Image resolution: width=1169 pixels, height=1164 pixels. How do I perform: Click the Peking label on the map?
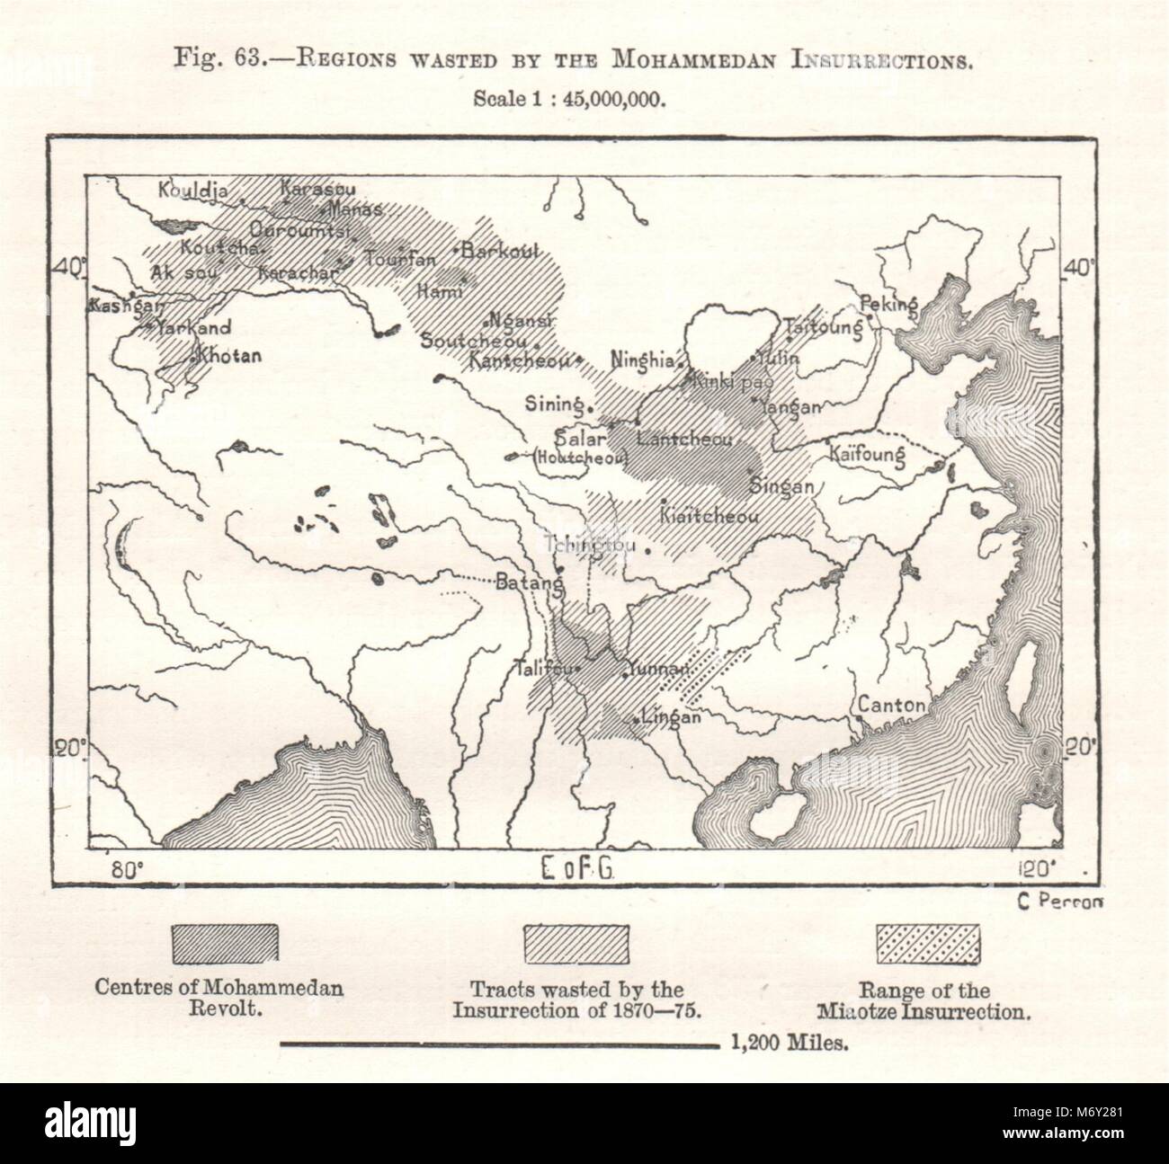888,304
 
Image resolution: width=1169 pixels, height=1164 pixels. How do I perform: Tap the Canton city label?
891,706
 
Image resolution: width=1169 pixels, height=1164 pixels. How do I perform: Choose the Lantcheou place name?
684,440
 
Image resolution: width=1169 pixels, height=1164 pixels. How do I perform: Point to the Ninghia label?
642,360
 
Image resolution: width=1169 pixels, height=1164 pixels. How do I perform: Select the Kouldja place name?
194,191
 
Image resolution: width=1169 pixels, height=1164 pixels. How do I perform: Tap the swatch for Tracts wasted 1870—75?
576,944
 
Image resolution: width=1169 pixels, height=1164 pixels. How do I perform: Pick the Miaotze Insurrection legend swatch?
928,944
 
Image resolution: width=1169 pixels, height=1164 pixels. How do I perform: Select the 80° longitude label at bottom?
125,869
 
